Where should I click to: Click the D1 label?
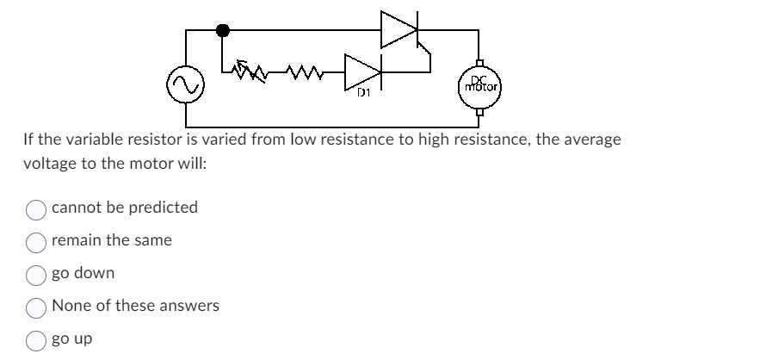point(366,92)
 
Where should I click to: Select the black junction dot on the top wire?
point(223,31)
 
